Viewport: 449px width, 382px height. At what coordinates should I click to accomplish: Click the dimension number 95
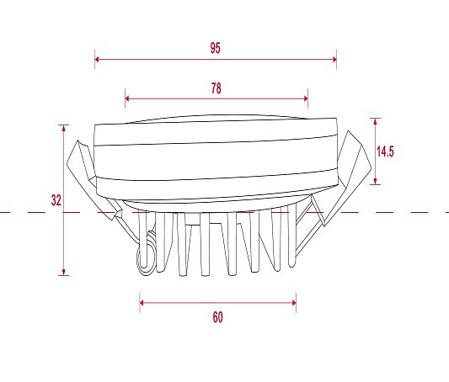[x=216, y=48]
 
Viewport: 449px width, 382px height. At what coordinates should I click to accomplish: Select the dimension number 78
[x=216, y=88]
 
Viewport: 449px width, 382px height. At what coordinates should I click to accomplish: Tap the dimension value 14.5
[x=385, y=151]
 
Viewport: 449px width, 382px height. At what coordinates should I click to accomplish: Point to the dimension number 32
[x=56, y=200]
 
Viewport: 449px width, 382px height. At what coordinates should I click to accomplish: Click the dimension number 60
[x=217, y=317]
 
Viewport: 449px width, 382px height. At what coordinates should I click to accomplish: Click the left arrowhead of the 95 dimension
[x=97, y=59]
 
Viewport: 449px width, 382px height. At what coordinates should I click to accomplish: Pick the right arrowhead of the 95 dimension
[x=334, y=59]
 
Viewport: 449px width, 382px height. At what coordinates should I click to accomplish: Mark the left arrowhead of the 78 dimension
[x=127, y=98]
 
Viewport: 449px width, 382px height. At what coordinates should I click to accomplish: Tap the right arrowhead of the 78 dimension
[x=306, y=98]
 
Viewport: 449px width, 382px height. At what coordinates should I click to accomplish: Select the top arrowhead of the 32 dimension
[x=63, y=128]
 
